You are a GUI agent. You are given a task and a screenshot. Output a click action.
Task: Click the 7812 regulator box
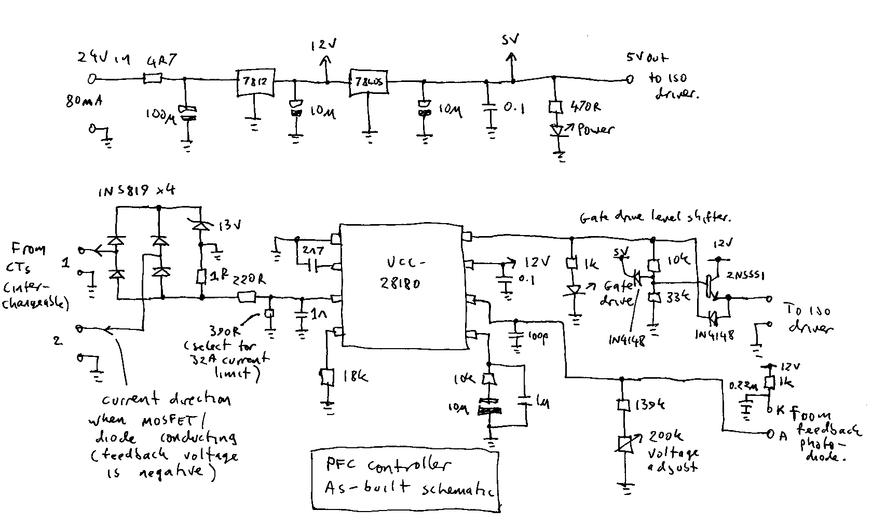click(255, 82)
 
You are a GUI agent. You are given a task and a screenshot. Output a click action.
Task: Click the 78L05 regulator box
click(368, 82)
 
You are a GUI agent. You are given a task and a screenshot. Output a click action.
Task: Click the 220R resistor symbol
click(246, 297)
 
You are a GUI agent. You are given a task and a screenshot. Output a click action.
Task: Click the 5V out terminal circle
click(629, 79)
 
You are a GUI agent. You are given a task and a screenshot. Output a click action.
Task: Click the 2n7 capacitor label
click(314, 250)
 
